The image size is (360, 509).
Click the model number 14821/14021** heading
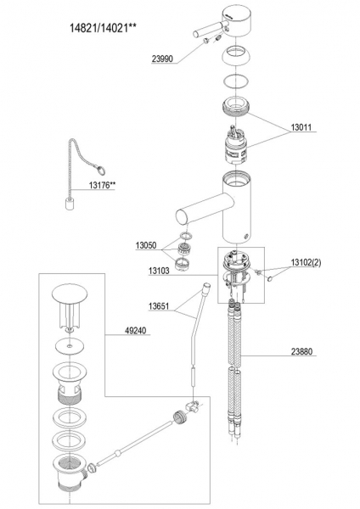click(x=103, y=28)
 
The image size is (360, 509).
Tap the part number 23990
click(x=162, y=59)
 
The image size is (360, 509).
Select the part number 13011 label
click(x=301, y=127)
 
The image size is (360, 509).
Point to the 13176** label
click(x=103, y=185)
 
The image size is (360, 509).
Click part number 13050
click(x=146, y=245)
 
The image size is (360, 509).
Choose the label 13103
click(x=159, y=271)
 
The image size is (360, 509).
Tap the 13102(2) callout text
click(x=306, y=262)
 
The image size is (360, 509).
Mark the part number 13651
click(x=159, y=306)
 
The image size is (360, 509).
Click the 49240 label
click(x=136, y=331)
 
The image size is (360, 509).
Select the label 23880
click(x=301, y=351)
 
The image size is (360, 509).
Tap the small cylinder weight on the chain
click(x=69, y=204)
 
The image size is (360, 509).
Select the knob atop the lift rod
click(x=206, y=287)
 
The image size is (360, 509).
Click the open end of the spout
click(x=182, y=217)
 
